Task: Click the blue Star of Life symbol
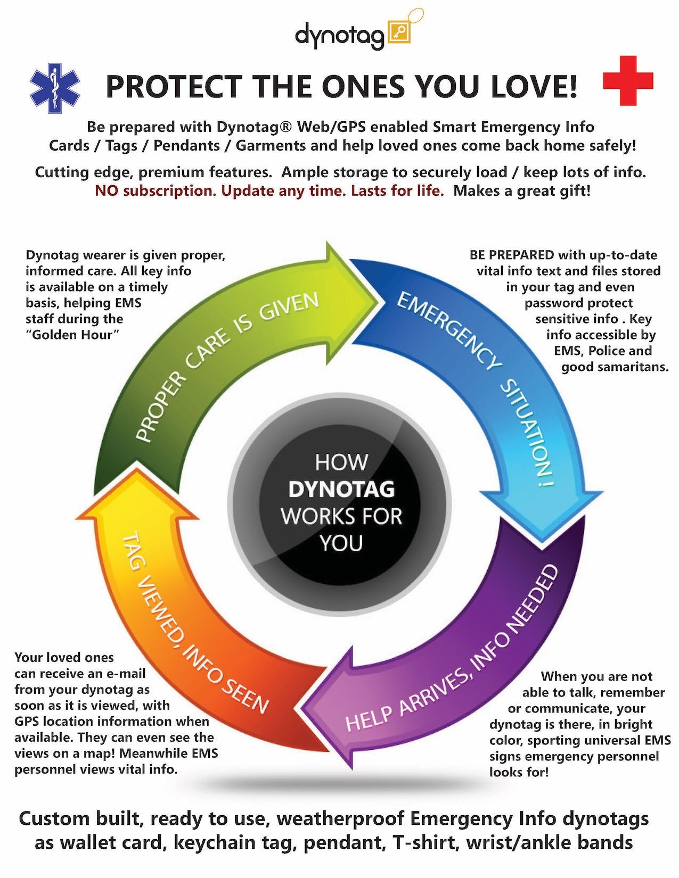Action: pyautogui.click(x=55, y=88)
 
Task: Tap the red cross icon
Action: pyautogui.click(x=628, y=80)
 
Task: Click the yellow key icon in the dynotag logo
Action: pyautogui.click(x=399, y=33)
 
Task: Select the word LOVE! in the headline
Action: pyautogui.click(x=533, y=86)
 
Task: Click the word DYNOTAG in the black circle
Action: pyautogui.click(x=341, y=489)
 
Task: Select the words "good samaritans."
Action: pyautogui.click(x=615, y=367)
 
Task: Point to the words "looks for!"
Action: pyautogui.click(x=519, y=772)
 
